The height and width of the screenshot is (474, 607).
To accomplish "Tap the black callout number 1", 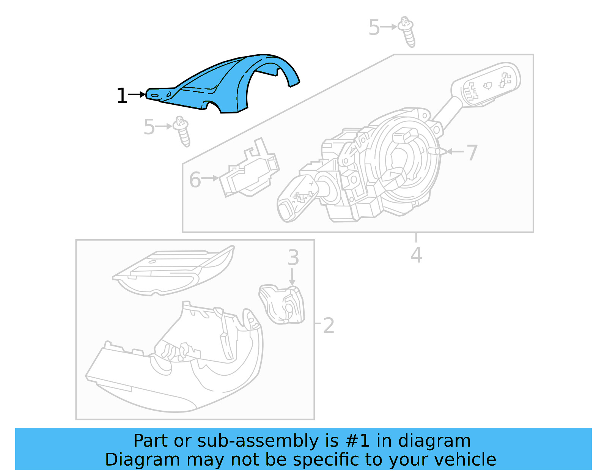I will coord(122,96).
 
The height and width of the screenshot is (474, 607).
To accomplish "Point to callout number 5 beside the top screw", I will coord(374,28).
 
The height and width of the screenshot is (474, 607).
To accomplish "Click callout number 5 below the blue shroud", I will coord(149,127).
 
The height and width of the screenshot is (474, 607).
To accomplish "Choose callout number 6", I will coord(195,180).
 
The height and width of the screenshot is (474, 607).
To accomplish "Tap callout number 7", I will coord(472,153).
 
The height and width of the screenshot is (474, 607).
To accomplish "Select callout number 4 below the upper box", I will coord(416,255).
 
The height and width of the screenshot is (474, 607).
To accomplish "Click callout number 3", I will coord(293,258).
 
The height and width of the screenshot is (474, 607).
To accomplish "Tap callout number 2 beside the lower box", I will coord(329,326).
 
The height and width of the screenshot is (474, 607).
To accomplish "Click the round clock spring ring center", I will coord(402,159).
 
